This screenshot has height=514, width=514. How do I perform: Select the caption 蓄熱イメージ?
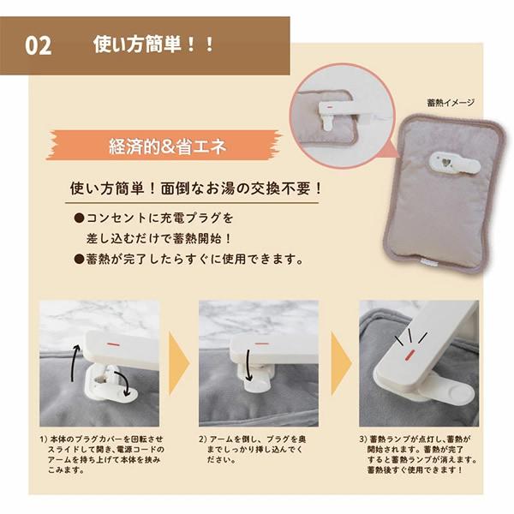coord(450,103)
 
